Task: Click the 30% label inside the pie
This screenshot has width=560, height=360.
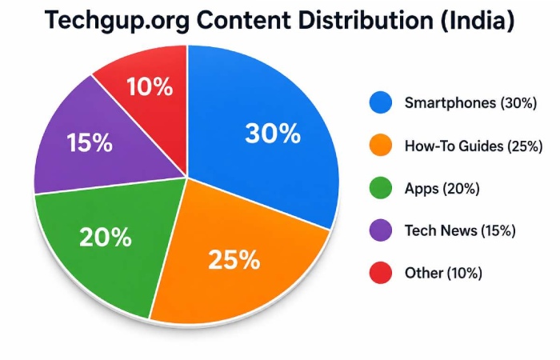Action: click(x=273, y=134)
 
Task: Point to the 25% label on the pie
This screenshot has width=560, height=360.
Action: click(x=234, y=259)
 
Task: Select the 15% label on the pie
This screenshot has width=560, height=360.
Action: click(x=89, y=143)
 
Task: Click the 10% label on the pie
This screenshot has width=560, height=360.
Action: click(x=149, y=86)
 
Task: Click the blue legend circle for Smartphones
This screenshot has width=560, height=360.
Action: click(x=381, y=102)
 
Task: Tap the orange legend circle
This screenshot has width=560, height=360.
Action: click(x=381, y=146)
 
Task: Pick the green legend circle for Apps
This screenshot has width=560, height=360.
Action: click(x=381, y=189)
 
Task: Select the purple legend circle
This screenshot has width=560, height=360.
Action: click(x=381, y=231)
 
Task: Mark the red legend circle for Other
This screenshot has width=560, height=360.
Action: click(x=381, y=274)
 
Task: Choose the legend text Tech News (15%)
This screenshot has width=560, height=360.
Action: click(x=460, y=231)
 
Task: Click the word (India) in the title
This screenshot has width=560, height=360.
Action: click(x=474, y=22)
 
